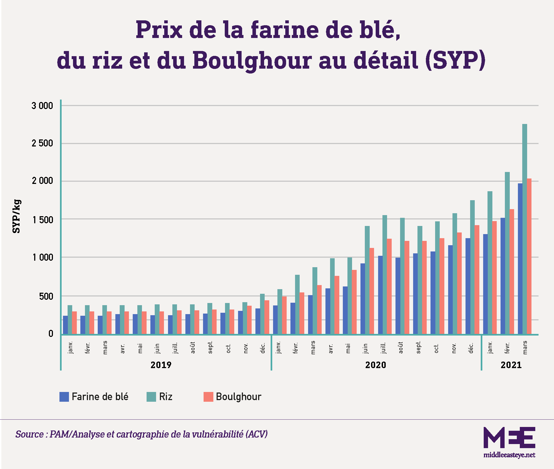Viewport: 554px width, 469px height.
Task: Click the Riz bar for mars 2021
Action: [524, 229]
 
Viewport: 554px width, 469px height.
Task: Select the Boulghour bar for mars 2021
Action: [529, 256]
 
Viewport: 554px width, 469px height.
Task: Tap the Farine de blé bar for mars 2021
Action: [520, 259]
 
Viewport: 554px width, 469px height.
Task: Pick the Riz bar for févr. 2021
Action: [507, 253]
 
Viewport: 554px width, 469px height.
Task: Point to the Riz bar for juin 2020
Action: [367, 280]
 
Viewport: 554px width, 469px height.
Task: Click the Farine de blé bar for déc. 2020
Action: [468, 286]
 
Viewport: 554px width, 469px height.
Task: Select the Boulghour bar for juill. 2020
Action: [389, 286]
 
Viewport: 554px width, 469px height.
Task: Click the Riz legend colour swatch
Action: [151, 397]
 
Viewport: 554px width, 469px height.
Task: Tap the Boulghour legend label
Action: [238, 397]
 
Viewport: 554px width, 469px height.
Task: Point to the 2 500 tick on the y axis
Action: [42, 143]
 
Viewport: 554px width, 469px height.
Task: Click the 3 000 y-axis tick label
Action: [42, 106]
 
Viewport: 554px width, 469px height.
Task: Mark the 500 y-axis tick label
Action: [46, 296]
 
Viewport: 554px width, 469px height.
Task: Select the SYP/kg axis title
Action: [16, 216]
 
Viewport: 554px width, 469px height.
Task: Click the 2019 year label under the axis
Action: [161, 365]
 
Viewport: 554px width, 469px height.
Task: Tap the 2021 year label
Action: [511, 365]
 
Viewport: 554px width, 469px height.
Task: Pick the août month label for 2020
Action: [401, 347]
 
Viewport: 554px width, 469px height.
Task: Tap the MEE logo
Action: [509, 438]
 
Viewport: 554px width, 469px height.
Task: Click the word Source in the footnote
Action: [29, 434]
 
